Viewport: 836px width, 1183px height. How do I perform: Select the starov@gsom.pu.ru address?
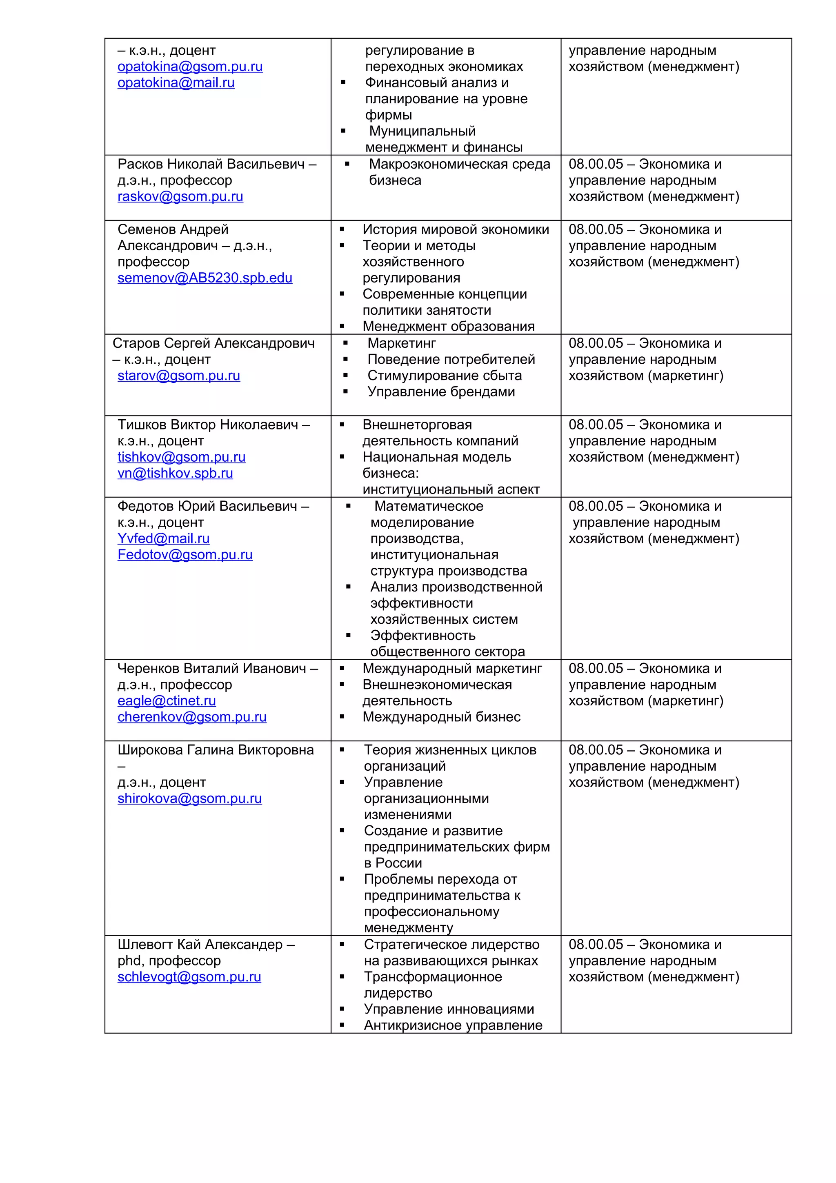pos(178,376)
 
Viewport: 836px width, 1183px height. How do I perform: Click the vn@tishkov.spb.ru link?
pos(175,473)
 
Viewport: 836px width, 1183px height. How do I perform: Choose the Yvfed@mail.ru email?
pos(163,538)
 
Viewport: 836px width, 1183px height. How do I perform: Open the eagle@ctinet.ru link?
pos(167,701)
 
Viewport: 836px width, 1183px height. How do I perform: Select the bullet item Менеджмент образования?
pos(448,326)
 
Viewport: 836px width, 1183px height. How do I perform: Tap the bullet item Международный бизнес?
pos(441,717)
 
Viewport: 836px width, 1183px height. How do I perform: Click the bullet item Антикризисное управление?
pos(453,1025)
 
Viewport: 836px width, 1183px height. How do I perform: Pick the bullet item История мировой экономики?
pos(455,229)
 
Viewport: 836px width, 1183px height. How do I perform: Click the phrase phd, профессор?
pos(169,961)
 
